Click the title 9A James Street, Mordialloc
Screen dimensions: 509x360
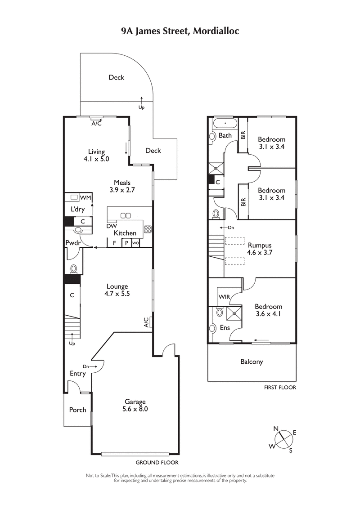tap(180, 31)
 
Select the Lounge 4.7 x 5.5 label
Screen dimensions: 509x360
tap(117, 290)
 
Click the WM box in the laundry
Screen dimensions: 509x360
tap(85, 198)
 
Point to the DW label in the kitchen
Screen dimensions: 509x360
tap(112, 226)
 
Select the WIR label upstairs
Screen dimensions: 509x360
tap(224, 297)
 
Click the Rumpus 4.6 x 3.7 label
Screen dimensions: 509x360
tap(260, 249)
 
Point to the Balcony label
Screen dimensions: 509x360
tap(252, 362)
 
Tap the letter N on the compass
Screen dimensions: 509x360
tap(276, 429)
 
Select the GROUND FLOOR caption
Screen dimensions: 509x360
tap(157, 462)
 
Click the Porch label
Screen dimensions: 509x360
tap(77, 410)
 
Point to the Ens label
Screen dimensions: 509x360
tap(225, 328)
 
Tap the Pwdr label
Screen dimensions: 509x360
tap(73, 243)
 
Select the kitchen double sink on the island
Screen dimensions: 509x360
tap(126, 215)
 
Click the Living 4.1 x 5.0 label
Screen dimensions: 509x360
tap(96, 155)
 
